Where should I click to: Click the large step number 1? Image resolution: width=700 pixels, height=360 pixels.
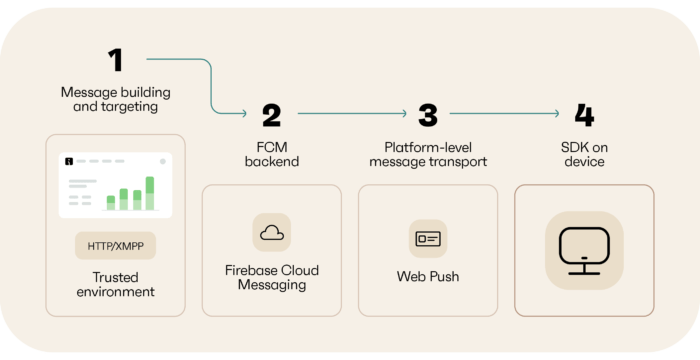click(116, 60)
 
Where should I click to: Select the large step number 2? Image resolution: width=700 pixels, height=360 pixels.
click(271, 116)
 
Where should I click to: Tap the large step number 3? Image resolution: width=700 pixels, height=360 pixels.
click(428, 116)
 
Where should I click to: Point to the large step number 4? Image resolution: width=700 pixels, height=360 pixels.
click(584, 116)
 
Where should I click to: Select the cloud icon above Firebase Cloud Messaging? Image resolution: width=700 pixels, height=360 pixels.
click(271, 232)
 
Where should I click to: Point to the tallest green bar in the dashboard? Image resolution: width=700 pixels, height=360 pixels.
click(150, 193)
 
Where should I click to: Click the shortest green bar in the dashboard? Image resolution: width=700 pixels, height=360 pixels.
click(111, 203)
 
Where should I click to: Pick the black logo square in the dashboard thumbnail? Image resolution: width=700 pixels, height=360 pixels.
click(68, 160)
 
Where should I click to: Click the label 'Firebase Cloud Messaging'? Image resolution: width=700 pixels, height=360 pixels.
click(271, 278)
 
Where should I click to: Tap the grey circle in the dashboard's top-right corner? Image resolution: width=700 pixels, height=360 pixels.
click(163, 160)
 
